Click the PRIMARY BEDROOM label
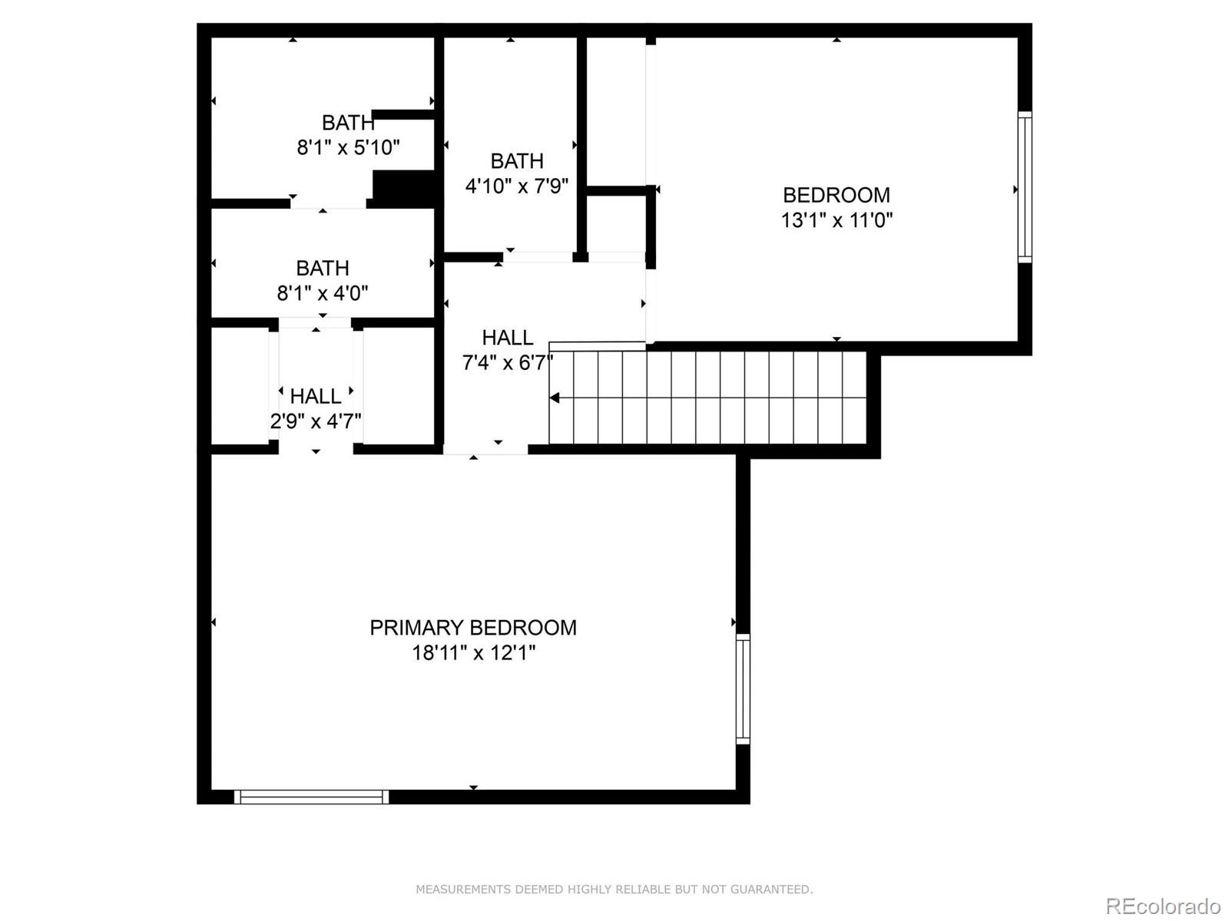473,628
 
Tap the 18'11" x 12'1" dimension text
473,653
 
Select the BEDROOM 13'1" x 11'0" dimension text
836,220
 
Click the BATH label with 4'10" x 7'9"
517,161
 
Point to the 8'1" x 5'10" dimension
348,147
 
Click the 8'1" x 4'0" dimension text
323,293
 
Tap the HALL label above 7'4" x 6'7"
507,338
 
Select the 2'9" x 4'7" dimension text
316,421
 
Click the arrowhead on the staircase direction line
555,398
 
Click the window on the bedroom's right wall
1025,187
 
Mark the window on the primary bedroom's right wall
743,688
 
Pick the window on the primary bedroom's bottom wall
311,797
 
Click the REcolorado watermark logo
1163,906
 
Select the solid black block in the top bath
404,188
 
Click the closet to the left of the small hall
240,386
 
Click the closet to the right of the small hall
399,386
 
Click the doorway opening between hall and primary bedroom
485,450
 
